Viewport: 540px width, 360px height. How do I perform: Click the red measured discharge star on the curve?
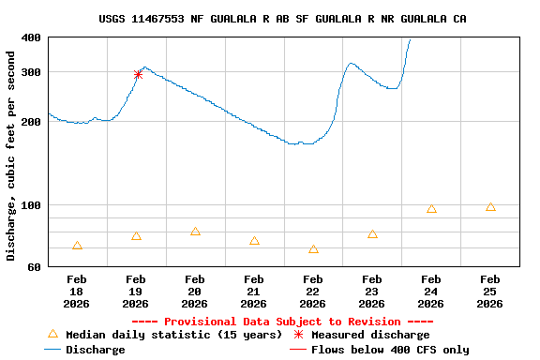[138, 74]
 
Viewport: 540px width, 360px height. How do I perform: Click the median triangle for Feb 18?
[77, 246]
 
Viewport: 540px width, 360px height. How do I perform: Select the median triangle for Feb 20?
[195, 232]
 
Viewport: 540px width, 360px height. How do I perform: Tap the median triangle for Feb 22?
[313, 249]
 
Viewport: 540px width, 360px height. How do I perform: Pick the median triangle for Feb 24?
[431, 209]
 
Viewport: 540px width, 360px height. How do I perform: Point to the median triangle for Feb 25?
[490, 207]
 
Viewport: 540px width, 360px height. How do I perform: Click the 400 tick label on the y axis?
[30, 37]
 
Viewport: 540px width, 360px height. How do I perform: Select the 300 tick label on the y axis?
[30, 72]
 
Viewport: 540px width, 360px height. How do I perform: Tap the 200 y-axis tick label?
[30, 122]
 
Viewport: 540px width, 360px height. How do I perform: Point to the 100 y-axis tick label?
[30, 205]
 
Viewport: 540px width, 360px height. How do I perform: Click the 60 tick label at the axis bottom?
[34, 267]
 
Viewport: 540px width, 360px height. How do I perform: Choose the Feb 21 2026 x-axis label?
[254, 291]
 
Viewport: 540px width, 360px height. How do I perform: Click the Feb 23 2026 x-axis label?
[372, 291]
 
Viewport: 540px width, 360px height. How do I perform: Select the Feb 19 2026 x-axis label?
[136, 291]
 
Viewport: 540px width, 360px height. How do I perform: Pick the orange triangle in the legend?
[52, 334]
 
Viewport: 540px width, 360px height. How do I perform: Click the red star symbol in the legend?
[298, 335]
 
